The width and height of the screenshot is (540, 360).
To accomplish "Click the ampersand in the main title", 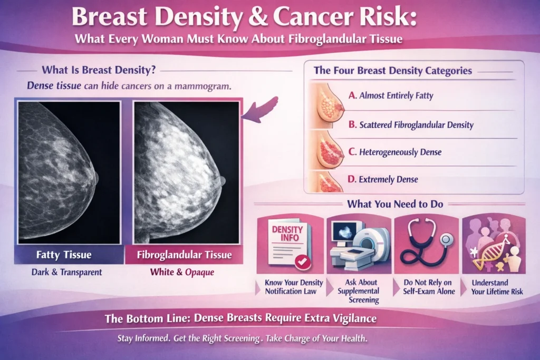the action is click(x=257, y=17).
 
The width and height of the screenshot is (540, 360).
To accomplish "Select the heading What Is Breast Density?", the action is click(x=99, y=70).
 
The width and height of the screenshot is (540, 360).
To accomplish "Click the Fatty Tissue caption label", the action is click(x=64, y=255).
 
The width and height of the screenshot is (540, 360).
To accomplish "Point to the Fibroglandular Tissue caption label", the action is click(x=184, y=255).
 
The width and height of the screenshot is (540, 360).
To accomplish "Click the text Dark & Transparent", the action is click(x=66, y=272).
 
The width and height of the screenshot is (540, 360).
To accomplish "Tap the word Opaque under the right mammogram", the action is click(x=199, y=272).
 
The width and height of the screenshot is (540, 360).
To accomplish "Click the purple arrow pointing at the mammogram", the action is click(x=260, y=110).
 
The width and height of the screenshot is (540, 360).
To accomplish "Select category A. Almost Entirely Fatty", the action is click(x=391, y=95).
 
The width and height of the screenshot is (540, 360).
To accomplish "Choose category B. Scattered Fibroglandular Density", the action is click(x=411, y=124).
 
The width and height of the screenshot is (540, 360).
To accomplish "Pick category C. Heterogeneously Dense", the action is click(x=394, y=152).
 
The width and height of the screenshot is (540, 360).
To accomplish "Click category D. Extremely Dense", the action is click(x=383, y=179).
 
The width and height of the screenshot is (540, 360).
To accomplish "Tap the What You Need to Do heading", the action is click(x=395, y=204).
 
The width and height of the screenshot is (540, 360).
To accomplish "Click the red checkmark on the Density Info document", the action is click(x=303, y=262).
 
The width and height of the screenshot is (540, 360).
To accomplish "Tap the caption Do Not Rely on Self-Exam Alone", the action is click(x=428, y=287).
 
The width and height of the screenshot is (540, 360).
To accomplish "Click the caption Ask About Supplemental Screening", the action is click(x=359, y=291).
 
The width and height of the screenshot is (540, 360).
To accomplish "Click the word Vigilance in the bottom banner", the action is click(x=354, y=318).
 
